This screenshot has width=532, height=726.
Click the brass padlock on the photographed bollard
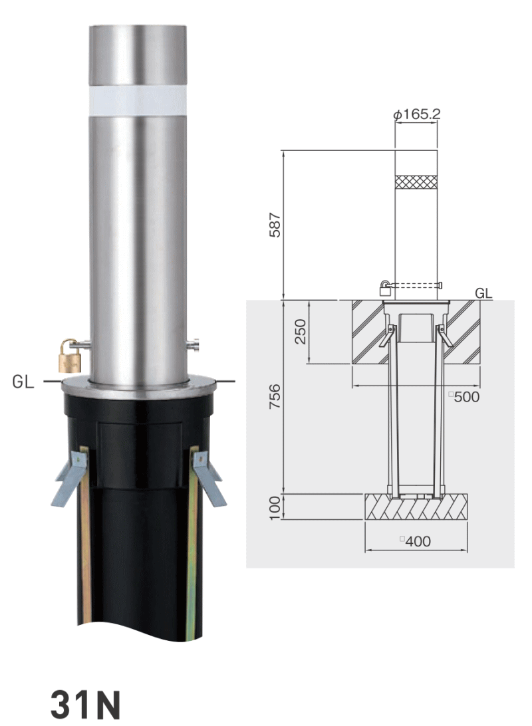coord(70,356)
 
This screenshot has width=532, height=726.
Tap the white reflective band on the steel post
coord(138,105)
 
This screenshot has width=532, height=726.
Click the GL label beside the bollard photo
coord(23,382)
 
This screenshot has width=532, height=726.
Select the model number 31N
coord(85,704)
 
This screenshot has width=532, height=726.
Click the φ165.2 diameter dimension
coord(417,114)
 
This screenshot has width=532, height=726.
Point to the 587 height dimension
coord(275,225)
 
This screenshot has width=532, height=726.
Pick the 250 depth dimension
coord(301,331)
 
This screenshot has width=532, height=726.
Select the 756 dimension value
coord(275,396)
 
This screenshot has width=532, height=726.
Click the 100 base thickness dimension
coord(275,507)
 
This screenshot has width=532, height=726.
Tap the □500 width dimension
coord(464,397)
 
